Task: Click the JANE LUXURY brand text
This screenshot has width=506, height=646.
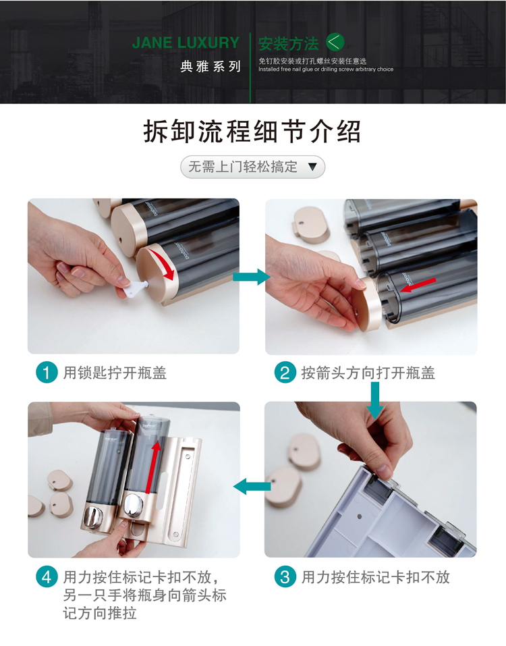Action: tap(186, 43)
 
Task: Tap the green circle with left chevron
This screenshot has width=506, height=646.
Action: tap(335, 42)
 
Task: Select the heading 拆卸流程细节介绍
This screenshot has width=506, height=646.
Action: tap(252, 132)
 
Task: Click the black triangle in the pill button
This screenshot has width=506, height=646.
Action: tap(312, 167)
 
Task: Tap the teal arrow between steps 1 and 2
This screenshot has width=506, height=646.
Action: tap(252, 277)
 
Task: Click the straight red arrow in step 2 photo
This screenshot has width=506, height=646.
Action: tap(418, 285)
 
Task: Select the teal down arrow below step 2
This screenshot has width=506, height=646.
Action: tap(375, 400)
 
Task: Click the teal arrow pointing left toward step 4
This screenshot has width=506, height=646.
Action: tap(252, 487)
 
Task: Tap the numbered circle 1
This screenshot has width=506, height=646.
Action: tap(47, 373)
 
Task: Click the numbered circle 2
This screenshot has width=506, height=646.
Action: tap(285, 373)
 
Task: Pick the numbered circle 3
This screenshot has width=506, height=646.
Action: tap(285, 576)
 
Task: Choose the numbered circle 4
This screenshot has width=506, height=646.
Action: tap(47, 576)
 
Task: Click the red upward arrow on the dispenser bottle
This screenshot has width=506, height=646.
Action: tap(153, 467)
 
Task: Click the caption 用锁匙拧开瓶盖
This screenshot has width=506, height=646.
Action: tap(115, 373)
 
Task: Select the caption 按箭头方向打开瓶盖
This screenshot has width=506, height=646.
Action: tap(368, 373)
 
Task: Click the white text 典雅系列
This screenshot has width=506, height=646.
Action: tap(210, 66)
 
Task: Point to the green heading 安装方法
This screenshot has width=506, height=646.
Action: tap(289, 43)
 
